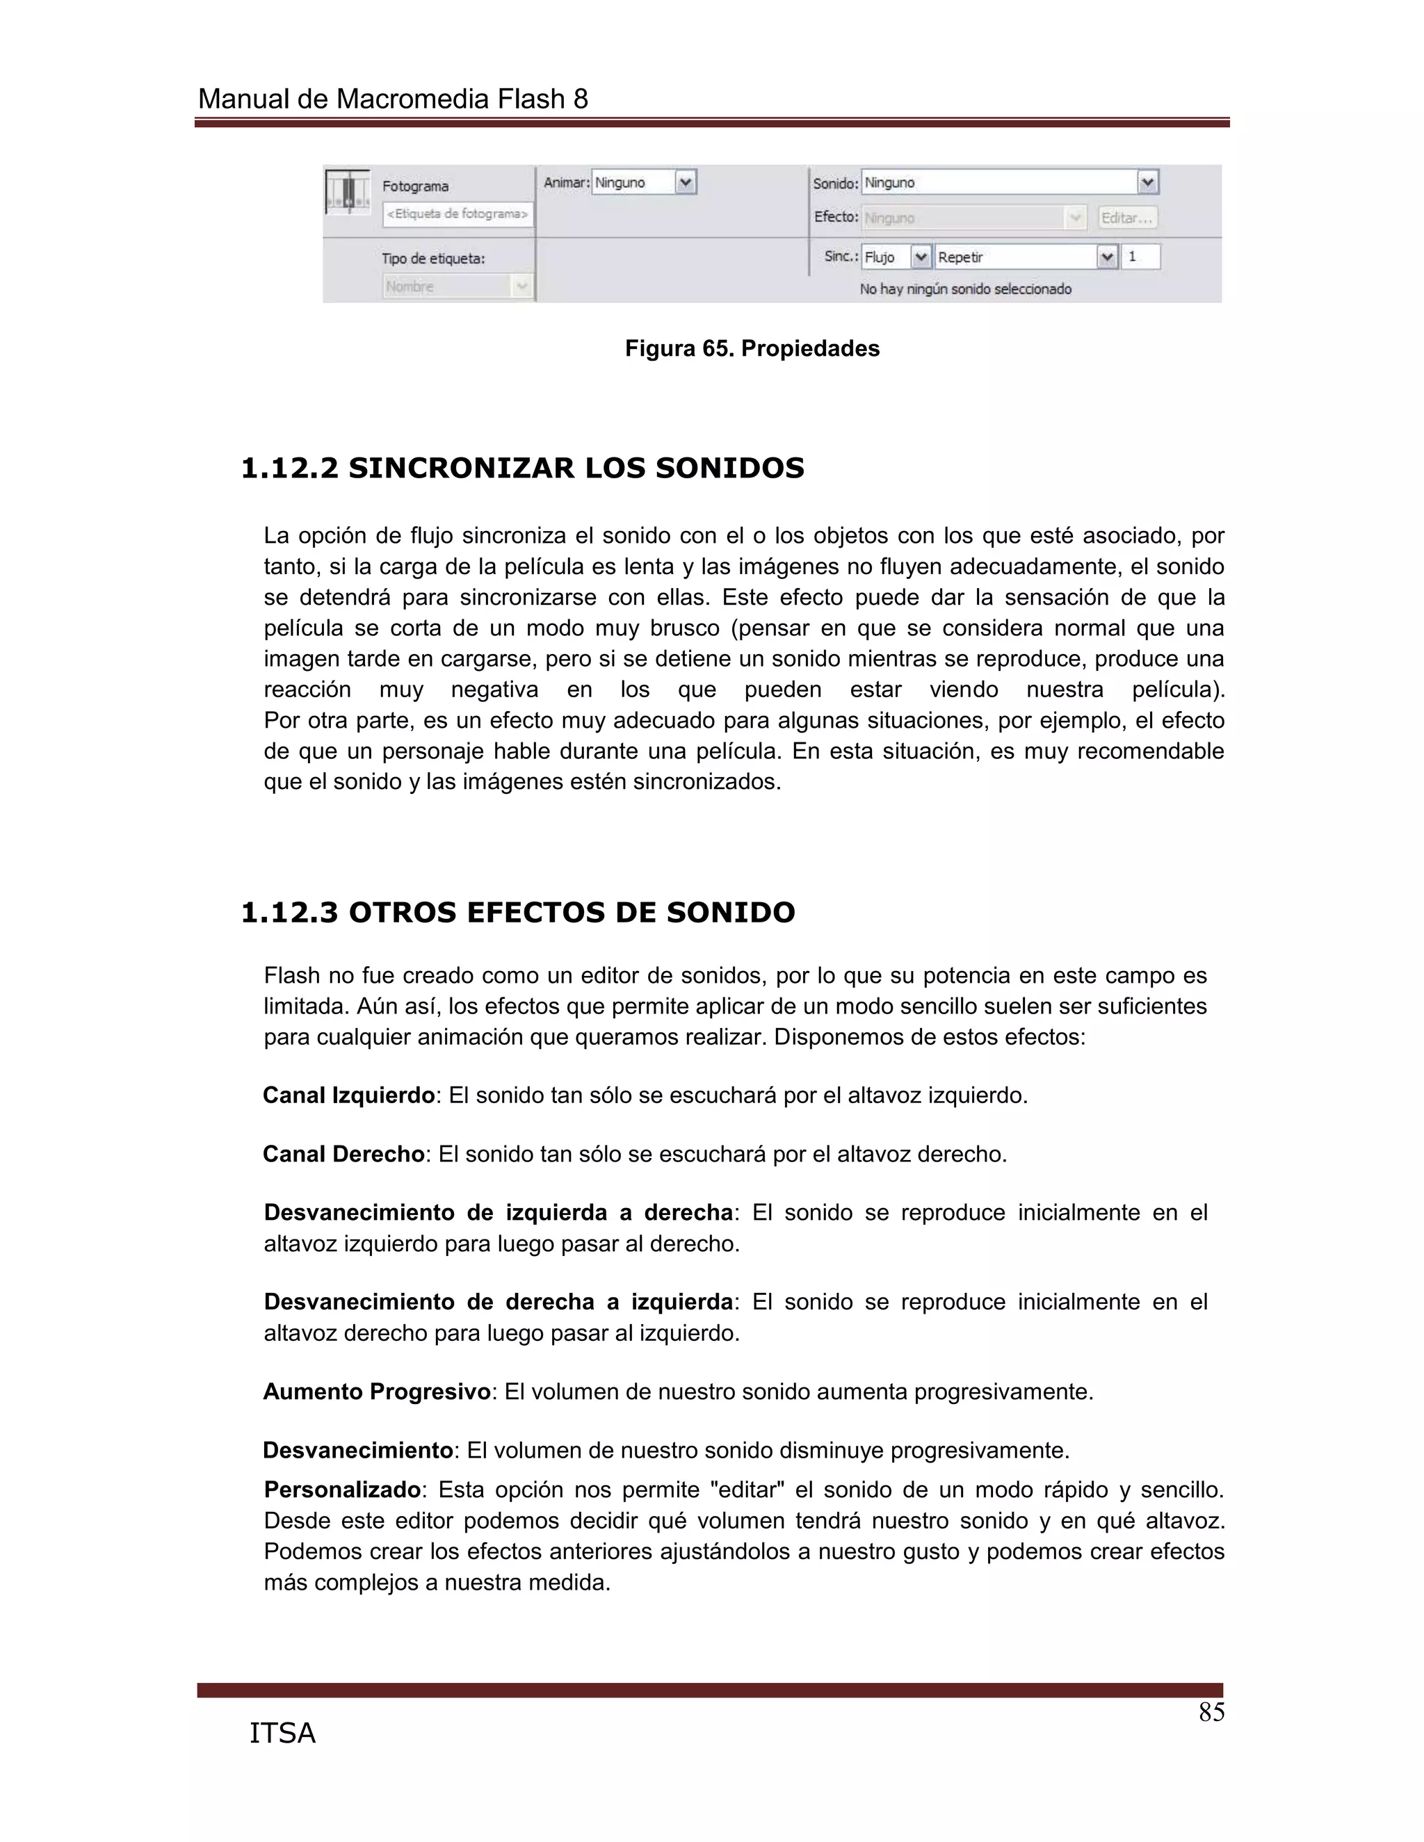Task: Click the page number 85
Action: (1211, 1713)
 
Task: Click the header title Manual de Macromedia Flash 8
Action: (392, 99)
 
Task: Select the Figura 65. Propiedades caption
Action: (752, 349)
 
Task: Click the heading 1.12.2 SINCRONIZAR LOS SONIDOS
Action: (522, 468)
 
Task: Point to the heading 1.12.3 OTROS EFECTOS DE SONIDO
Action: (518, 913)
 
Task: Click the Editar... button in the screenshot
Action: (1127, 218)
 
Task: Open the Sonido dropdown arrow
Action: (1147, 183)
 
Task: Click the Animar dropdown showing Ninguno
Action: (643, 183)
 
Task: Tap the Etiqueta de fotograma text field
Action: (458, 214)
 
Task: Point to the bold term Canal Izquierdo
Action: (348, 1095)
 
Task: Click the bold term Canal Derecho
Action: (343, 1154)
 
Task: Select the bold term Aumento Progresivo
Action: (376, 1392)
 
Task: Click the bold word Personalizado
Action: (341, 1490)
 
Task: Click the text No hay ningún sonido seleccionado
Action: (965, 289)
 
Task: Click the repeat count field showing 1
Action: (1140, 257)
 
